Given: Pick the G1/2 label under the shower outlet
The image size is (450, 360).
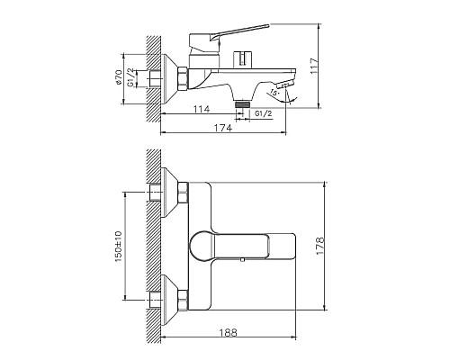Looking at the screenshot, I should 265,114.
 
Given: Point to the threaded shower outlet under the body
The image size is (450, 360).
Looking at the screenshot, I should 241,105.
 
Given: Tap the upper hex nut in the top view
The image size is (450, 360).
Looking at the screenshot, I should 184,193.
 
